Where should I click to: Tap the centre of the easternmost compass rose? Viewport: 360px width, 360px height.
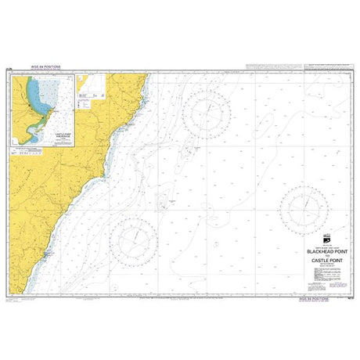[x=308, y=207]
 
